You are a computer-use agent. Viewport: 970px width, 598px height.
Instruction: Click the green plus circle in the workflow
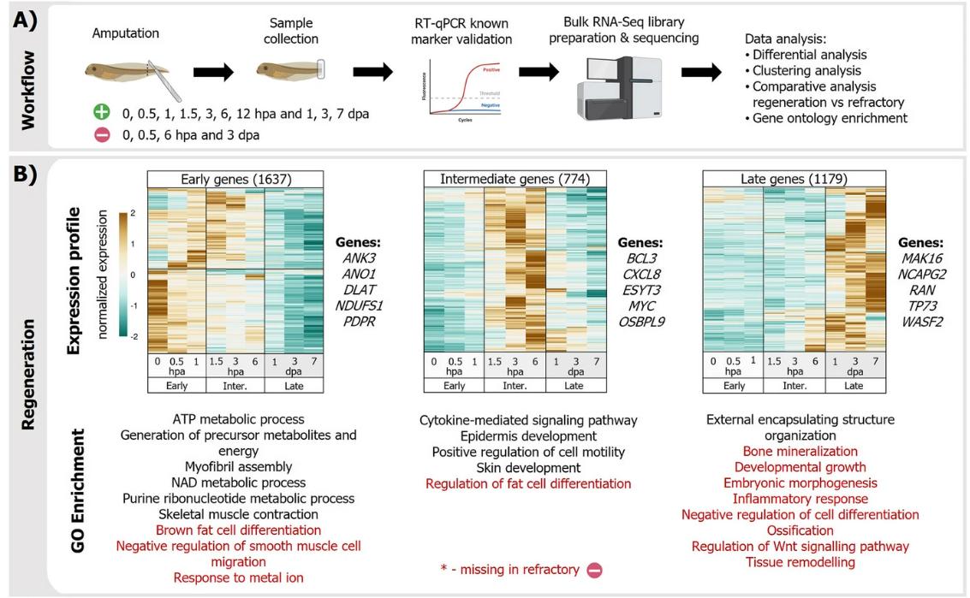[x=102, y=114]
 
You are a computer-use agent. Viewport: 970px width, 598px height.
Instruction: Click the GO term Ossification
[x=800, y=530]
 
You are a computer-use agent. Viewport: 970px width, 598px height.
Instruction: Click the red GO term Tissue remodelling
[x=800, y=562]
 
